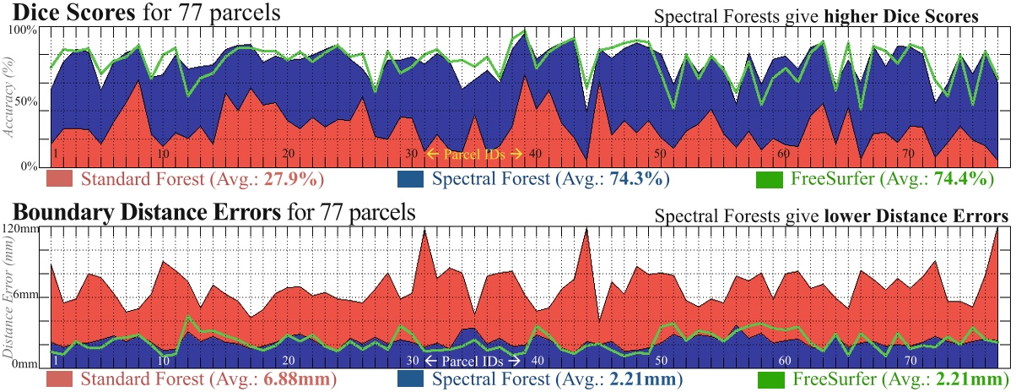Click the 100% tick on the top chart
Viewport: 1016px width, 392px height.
pos(24,30)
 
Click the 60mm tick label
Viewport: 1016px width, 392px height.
pos(24,296)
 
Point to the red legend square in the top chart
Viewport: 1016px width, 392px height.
pos(64,179)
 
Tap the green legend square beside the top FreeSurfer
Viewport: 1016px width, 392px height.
pos(769,179)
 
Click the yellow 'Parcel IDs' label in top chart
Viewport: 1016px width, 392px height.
pos(473,154)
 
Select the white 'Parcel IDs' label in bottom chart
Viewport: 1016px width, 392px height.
pos(473,361)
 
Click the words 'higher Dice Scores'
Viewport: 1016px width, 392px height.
pos(935,16)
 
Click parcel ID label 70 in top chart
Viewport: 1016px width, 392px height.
pos(909,155)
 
